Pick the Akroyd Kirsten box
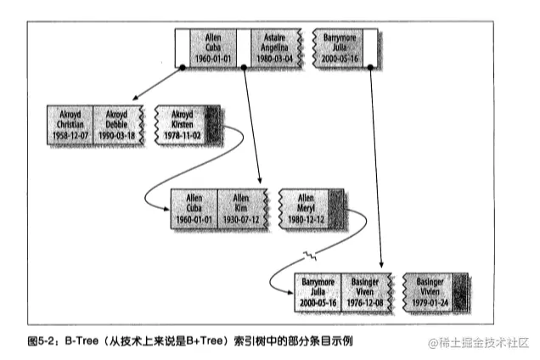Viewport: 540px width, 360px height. (x=182, y=125)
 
